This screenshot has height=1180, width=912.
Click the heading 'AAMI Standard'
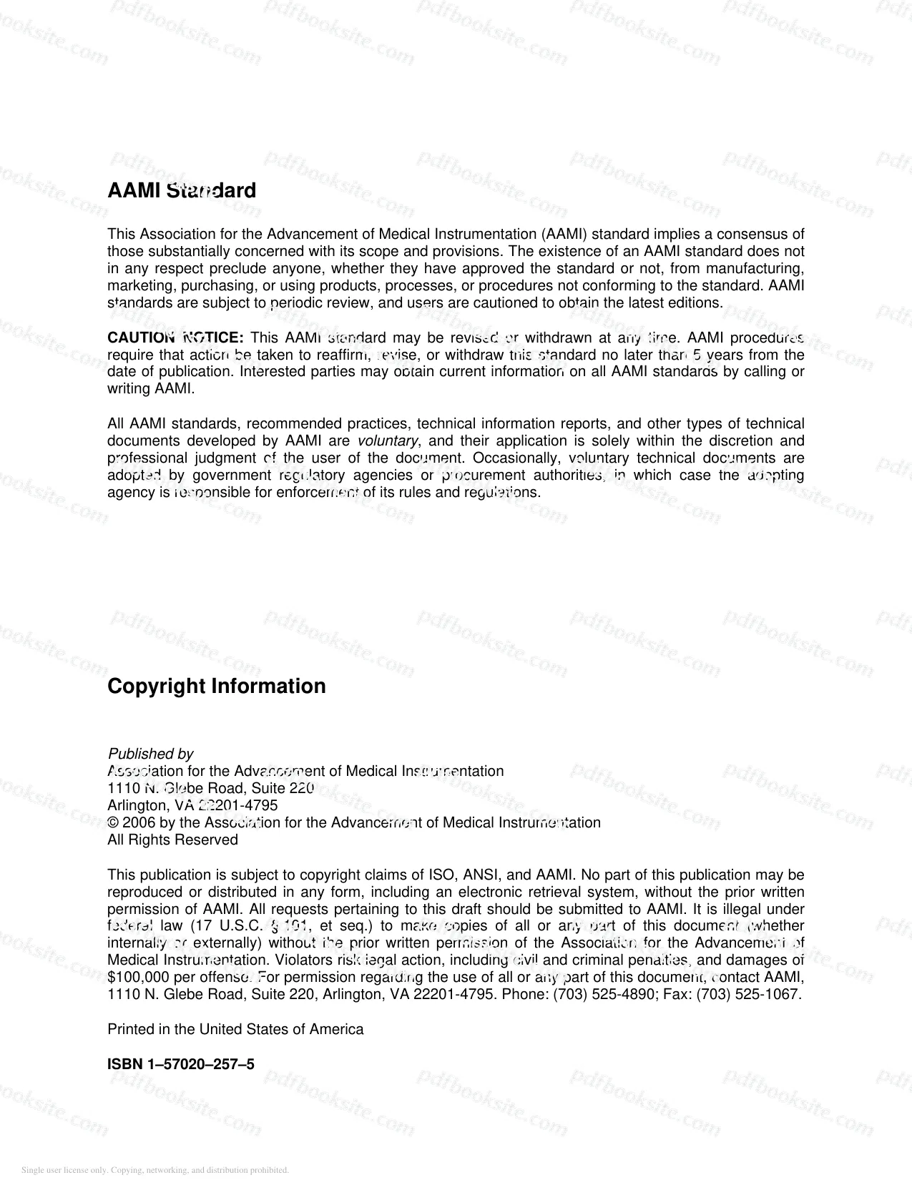(181, 191)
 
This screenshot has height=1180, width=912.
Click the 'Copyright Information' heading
(216, 686)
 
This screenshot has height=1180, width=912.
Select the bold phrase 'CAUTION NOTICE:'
(175, 338)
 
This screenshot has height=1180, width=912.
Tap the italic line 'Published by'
(150, 754)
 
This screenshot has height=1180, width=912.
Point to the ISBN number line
(180, 1064)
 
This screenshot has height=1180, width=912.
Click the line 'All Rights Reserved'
(172, 840)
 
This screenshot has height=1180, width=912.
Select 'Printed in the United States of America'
(235, 1029)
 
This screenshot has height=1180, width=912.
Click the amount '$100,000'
(134, 978)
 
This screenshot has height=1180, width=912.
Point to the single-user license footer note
(155, 1170)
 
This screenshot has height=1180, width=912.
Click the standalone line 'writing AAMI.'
(151, 389)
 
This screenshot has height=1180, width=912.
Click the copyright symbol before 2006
(112, 822)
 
